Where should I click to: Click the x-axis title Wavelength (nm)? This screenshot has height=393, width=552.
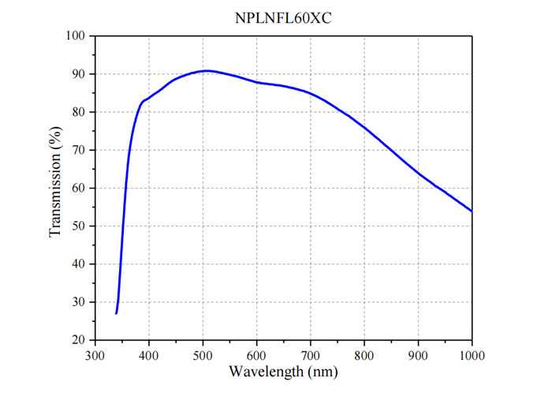(282, 371)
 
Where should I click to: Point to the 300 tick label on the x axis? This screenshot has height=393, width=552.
(95, 354)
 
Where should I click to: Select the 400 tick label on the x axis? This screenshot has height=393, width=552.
(149, 354)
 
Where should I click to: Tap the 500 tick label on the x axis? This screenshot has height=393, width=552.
(203, 354)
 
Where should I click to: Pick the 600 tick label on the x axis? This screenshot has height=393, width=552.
(256, 354)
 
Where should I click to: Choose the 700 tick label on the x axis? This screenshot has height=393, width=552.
(311, 354)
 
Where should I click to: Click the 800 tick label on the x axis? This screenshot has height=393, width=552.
(364, 354)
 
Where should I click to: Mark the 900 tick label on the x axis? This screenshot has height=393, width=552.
(418, 354)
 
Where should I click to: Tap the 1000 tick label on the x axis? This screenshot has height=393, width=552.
(471, 354)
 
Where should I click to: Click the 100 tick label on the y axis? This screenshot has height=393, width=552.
(76, 36)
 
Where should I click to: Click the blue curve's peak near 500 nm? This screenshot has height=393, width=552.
(205, 71)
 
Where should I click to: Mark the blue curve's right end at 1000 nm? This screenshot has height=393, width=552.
(472, 211)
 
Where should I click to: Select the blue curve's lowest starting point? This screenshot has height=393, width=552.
(116, 313)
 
